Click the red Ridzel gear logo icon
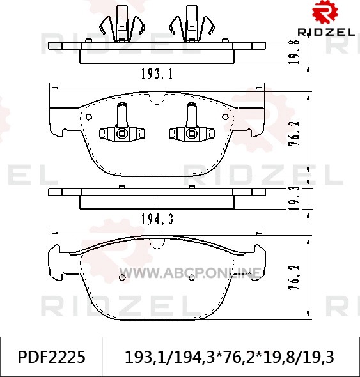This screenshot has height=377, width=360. click(325, 12)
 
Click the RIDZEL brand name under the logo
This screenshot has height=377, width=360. click(326, 32)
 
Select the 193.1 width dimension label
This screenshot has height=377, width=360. click(157, 73)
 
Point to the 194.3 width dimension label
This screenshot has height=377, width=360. click(157, 219)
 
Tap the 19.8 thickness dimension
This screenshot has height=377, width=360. click(294, 52)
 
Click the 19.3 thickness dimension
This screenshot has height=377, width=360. click(294, 198)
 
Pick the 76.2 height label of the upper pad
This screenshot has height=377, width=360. click(294, 134)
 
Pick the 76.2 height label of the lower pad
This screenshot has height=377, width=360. click(294, 277)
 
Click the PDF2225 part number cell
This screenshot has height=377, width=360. click(52, 357)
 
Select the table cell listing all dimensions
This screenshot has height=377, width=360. click(230, 357)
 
